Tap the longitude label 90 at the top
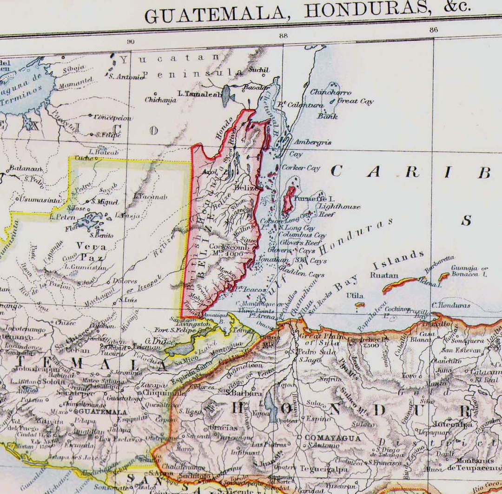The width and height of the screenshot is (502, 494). point(131,41)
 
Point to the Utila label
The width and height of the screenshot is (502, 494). point(355,295)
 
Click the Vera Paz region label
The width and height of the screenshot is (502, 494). point(91,252)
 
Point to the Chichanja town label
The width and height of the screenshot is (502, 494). point(161,100)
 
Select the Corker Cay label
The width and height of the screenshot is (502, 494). point(301,168)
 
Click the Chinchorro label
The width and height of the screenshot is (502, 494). point(330,93)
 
